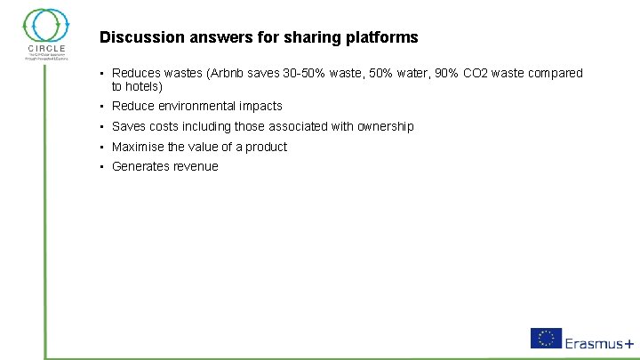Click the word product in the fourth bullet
point(267,147)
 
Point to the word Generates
point(140,166)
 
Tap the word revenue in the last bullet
point(196,166)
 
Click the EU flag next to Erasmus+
point(546,338)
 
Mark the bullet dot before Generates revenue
point(103,167)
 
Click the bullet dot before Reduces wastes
point(103,74)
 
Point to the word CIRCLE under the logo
point(46,49)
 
